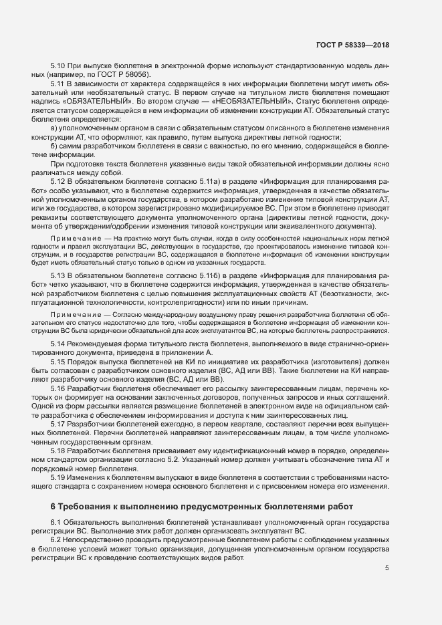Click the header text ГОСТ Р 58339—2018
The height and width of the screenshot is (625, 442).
pos(352,45)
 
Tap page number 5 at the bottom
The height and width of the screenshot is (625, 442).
pos(386,569)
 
